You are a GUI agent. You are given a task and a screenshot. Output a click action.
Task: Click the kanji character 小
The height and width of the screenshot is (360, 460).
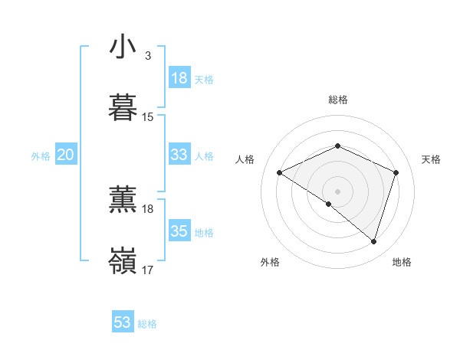coord(123,47)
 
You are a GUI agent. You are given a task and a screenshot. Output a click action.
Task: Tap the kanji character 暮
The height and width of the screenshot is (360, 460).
coord(123,108)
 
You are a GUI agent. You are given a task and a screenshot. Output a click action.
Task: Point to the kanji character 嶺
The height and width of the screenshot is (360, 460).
coord(123,261)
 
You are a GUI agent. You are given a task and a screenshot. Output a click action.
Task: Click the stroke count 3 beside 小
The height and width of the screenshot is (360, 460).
coord(147,56)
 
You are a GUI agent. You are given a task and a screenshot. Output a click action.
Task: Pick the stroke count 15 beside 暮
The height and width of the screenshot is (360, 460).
coord(148,117)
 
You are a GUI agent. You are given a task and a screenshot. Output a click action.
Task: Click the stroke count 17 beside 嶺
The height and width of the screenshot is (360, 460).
coord(148,270)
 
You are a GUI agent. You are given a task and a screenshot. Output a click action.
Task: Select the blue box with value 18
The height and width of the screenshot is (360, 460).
coord(179,78)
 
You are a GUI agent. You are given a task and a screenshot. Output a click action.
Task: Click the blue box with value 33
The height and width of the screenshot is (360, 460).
coord(179,155)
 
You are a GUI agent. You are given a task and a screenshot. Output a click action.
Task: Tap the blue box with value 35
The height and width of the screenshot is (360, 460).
coord(179,231)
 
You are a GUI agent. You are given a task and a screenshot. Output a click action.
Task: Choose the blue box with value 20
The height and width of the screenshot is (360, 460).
coord(66,155)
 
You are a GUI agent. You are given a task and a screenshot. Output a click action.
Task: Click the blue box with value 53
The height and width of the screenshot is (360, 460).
coord(123,322)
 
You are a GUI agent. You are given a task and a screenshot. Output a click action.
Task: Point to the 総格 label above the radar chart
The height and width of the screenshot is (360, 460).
coord(338,100)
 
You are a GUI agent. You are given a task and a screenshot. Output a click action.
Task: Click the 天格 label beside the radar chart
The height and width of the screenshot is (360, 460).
coord(432,159)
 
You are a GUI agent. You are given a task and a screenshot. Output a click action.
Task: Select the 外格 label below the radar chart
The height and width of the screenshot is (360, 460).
coord(270,262)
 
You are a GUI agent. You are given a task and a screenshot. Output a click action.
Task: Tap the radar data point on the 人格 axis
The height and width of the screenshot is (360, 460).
coord(280,173)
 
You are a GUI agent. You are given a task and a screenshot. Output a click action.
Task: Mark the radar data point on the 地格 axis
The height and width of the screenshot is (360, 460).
coord(373,241)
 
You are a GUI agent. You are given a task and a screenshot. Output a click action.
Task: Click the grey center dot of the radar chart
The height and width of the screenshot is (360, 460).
coord(337,191)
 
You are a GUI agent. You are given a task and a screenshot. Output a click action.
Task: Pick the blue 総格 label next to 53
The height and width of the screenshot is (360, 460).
coord(147,324)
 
